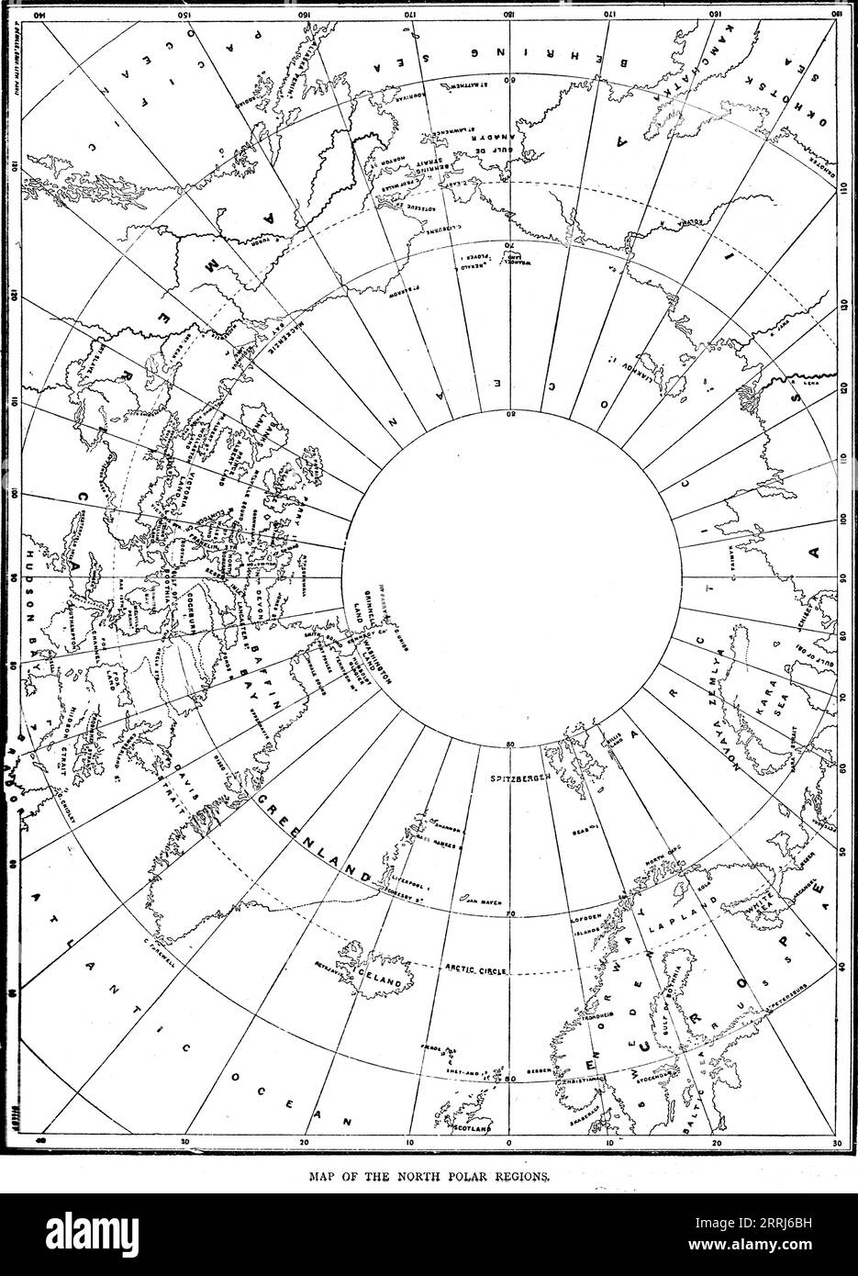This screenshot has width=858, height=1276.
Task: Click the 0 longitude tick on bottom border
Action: pos(509,1144)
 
